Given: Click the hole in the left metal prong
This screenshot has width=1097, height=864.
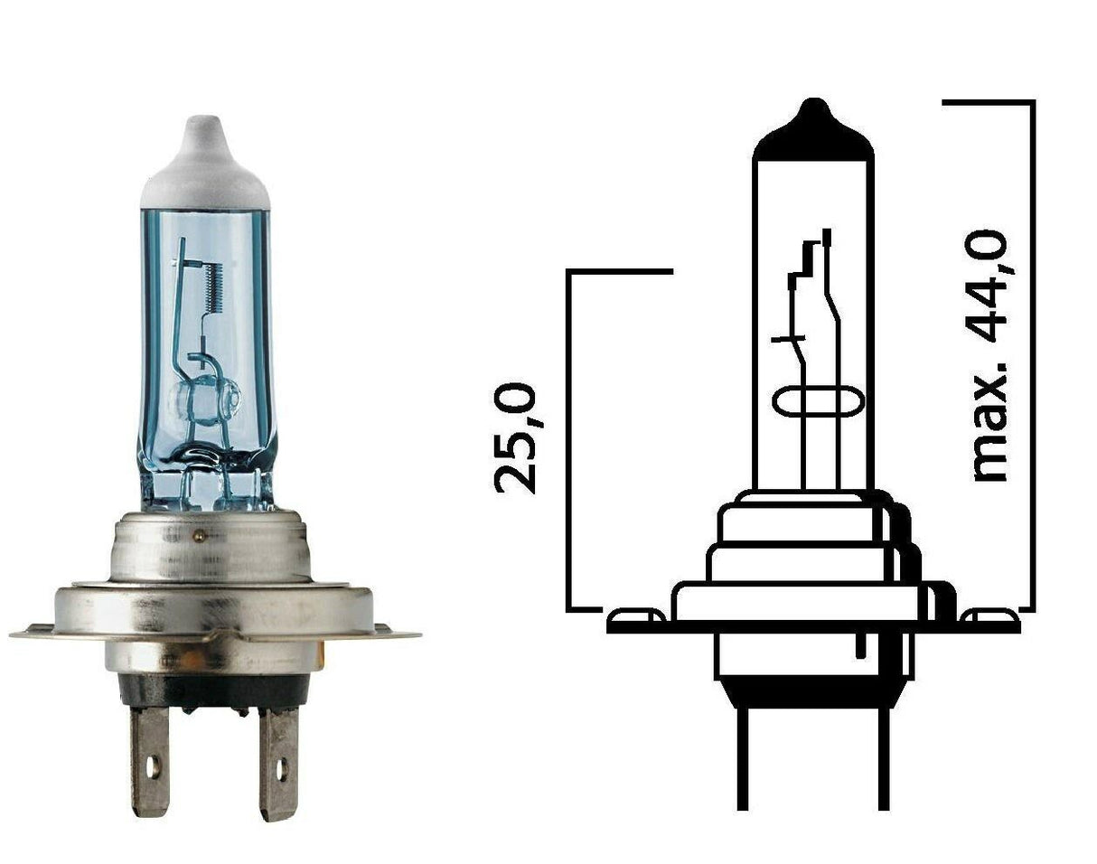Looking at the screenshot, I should pyautogui.click(x=152, y=769).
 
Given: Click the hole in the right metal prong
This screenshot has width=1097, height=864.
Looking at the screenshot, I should pyautogui.click(x=281, y=770).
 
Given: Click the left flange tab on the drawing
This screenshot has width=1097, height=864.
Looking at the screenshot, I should pyautogui.click(x=635, y=617).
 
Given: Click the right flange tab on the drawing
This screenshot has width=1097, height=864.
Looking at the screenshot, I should pyautogui.click(x=989, y=617).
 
